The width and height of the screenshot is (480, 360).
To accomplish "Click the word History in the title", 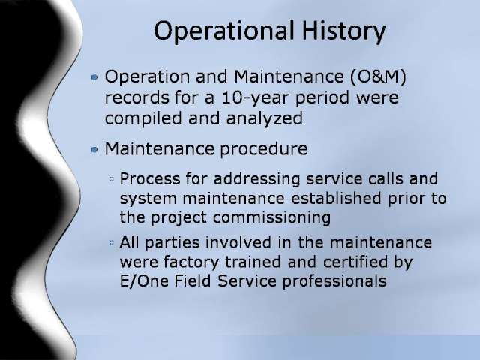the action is pyautogui.click(x=343, y=31).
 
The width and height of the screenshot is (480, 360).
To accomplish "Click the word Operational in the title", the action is pyautogui.click(x=224, y=31).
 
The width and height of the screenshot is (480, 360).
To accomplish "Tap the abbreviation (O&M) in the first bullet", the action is pyautogui.click(x=378, y=76).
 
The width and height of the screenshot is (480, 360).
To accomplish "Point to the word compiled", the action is pyautogui.click(x=143, y=118).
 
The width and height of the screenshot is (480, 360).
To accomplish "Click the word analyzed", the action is pyautogui.click(x=265, y=119).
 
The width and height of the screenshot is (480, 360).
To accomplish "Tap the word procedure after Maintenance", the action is pyautogui.click(x=263, y=149).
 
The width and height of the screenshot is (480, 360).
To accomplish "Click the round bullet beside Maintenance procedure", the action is pyautogui.click(x=94, y=150).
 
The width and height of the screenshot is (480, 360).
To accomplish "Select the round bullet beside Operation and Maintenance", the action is pyautogui.click(x=94, y=76).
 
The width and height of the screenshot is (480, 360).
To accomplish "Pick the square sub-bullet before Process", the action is pyautogui.click(x=112, y=178).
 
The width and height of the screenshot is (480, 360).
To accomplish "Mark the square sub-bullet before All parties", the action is pyautogui.click(x=112, y=243).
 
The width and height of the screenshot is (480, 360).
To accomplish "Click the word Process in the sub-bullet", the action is pyautogui.click(x=150, y=179).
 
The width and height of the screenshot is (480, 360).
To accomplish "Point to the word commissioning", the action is pyautogui.click(x=271, y=218).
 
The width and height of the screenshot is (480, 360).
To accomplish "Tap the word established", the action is pyautogui.click(x=336, y=198).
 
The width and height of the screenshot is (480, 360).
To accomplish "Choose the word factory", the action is pyautogui.click(x=191, y=262).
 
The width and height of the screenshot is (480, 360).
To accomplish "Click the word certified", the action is pyautogui.click(x=355, y=262).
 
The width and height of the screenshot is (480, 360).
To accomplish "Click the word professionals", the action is pyautogui.click(x=334, y=281).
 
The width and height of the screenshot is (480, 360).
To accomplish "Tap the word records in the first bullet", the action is pyautogui.click(x=136, y=98).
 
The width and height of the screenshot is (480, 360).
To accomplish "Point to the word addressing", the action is pyautogui.click(x=256, y=180).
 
